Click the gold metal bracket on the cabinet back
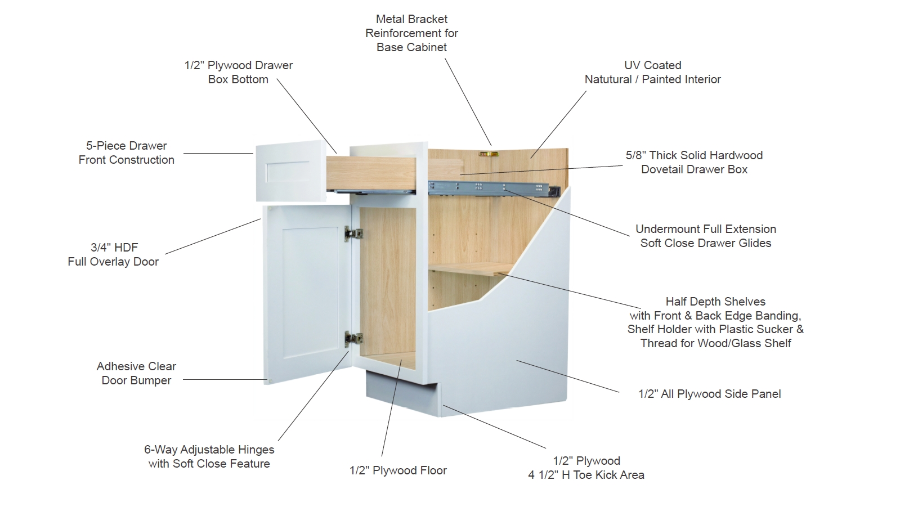click(488, 154)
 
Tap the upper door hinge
click(353, 234)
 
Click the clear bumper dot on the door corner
click(270, 380)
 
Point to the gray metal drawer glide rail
click(494, 189)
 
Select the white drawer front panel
click(291, 171)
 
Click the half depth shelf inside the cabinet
click(471, 268)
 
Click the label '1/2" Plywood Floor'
click(398, 470)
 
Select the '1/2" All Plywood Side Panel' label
click(709, 394)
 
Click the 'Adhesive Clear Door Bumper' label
click(136, 373)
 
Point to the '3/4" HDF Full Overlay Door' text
click(113, 254)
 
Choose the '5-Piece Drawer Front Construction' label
click(126, 152)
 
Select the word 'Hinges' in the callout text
click(255, 450)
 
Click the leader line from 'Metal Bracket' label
click(468, 101)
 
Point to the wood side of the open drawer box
click(371, 173)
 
